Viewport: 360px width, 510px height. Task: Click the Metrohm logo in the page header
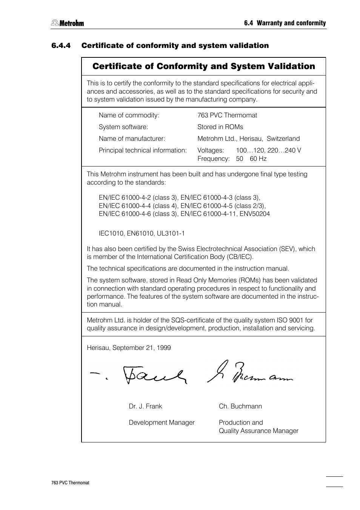pos(68,23)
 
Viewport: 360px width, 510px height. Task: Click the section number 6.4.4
pos(61,46)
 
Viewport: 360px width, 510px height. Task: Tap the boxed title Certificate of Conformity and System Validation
pos(203,66)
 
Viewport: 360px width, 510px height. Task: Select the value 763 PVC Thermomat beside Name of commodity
pos(227,116)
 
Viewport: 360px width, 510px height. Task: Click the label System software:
pos(123,127)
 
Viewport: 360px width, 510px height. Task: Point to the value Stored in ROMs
pos(220,127)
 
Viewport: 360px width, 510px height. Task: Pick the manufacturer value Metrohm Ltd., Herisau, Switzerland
pos(248,139)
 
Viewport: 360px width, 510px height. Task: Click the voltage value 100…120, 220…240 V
pos(268,151)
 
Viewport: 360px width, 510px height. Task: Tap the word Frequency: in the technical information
pos(213,159)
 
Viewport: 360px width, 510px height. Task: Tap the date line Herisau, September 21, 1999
pos(129,348)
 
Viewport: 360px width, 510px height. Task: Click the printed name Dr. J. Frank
pos(145,407)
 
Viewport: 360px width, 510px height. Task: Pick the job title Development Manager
pos(162,423)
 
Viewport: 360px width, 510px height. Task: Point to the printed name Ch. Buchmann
pos(240,407)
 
